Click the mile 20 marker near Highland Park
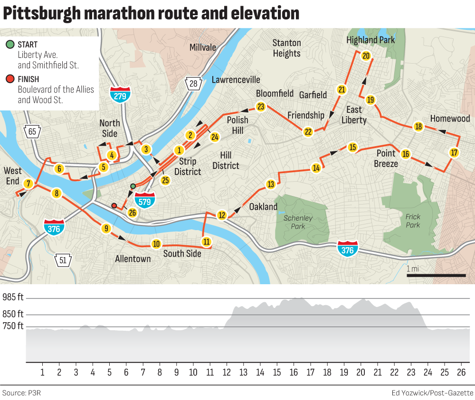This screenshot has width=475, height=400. tap(366, 56)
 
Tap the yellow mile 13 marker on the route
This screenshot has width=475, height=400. tap(271, 184)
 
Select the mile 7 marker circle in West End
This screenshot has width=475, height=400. tap(28, 184)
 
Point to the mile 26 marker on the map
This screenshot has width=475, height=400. tap(133, 213)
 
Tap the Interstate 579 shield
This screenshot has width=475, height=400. tap(145, 200)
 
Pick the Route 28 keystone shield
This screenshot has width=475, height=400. tap(193, 84)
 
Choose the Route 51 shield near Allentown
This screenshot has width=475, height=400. tap(63, 260)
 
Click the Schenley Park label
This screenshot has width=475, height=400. tap(298, 222)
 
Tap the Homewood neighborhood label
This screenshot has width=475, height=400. tap(450, 118)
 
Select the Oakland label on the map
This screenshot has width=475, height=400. tap(263, 206)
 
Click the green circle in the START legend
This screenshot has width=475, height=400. tap(10, 45)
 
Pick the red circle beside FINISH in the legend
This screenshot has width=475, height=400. tap(10, 79)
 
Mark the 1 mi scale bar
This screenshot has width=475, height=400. tap(437, 275)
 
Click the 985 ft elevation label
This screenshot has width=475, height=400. tap(13, 298)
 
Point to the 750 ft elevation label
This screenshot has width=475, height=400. tap(13, 326)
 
